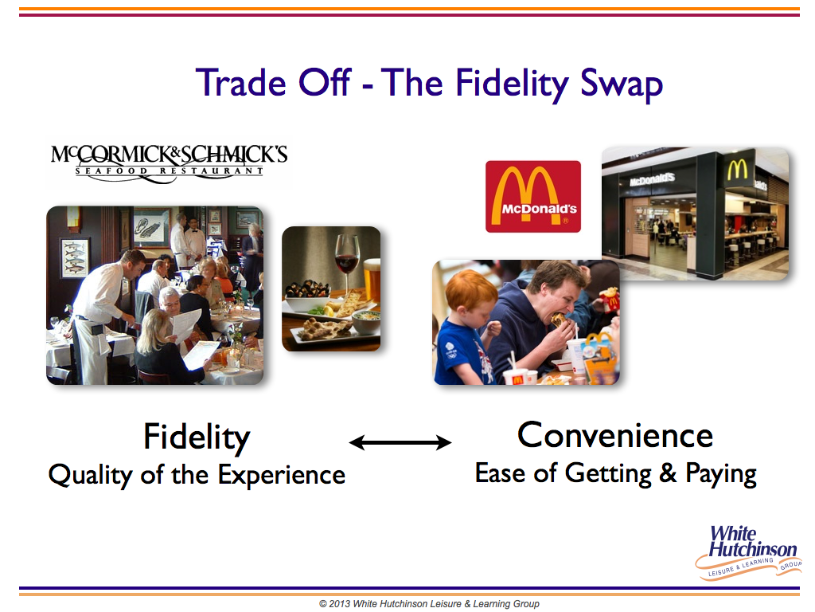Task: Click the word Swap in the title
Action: [621, 84]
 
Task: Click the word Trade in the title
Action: [240, 83]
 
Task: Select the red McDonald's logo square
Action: [532, 196]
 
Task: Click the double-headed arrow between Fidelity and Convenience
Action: [400, 442]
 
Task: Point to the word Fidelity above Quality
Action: [197, 437]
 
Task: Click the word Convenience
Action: [615, 435]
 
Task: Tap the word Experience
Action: [281, 476]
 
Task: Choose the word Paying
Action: [720, 474]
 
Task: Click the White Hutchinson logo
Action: [748, 552]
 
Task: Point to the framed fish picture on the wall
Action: [75, 257]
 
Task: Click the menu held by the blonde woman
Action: [199, 354]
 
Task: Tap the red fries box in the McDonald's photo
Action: [610, 300]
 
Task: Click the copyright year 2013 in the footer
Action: [339, 604]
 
